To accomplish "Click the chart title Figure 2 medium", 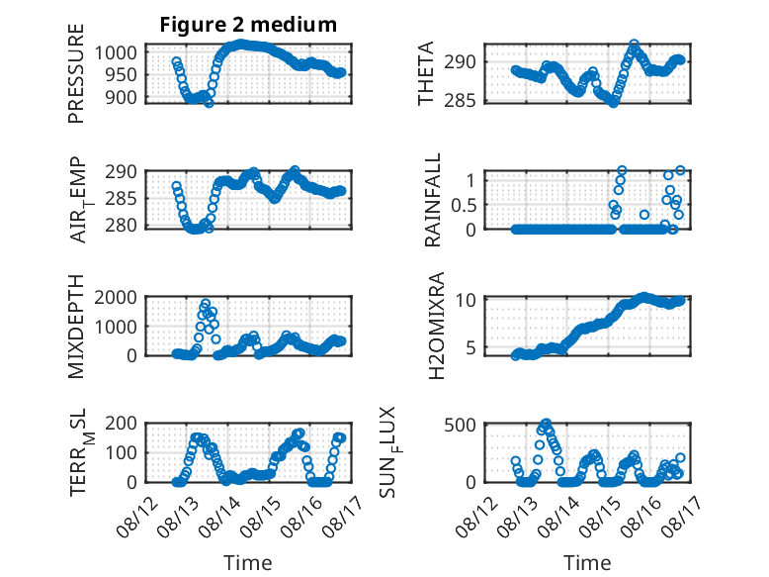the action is pos(248,25).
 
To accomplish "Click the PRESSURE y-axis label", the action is pos(76,73).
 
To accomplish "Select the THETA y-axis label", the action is pos(426,73).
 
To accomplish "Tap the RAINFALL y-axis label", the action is pos(433,200).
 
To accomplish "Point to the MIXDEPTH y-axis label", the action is pos(76,327).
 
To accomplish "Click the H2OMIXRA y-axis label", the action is pos(436,326).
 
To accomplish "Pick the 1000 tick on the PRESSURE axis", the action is pos(116,52).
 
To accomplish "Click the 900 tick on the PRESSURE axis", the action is pos(121,98).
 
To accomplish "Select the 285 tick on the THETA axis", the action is pos(460,100).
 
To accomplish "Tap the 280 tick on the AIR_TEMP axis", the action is pos(121,226).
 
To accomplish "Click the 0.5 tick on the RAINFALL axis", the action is pos(464,205).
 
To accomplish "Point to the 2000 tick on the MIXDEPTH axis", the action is pos(116,297).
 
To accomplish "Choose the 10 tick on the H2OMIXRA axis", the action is pos(466,300).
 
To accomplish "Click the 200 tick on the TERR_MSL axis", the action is pos(121,424).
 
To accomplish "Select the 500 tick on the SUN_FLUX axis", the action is pos(460,425).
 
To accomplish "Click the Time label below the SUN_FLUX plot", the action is pos(587,563).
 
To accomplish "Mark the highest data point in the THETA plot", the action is pos(635,45).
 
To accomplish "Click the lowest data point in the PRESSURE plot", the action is pos(209,103).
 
